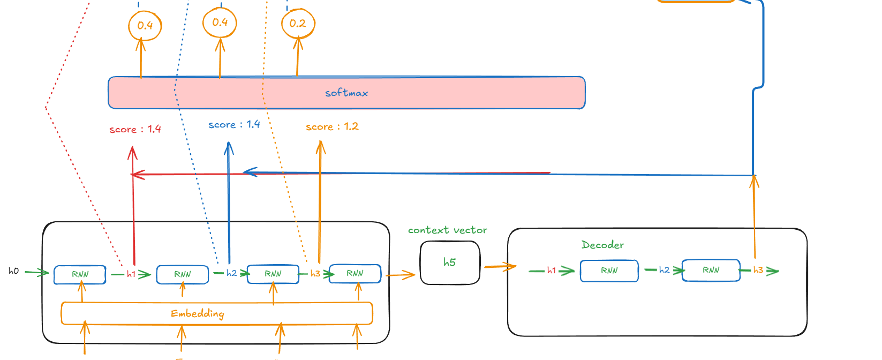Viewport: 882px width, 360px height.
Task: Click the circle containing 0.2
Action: [x=298, y=24]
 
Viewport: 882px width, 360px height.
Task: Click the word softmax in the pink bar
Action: [x=346, y=93]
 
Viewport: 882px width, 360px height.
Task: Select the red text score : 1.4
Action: [x=135, y=129]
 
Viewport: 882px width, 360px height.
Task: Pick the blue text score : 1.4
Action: [x=234, y=125]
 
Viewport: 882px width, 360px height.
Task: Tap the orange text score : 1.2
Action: [x=332, y=127]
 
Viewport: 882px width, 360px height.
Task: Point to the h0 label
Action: [x=13, y=271]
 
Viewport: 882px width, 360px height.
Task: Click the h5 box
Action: [x=450, y=262]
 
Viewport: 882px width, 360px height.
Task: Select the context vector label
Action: [x=448, y=230]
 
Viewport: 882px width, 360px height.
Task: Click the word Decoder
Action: [x=602, y=245]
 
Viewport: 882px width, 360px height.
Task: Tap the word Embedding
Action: [x=198, y=313]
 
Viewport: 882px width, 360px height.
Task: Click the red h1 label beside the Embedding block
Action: [x=131, y=274]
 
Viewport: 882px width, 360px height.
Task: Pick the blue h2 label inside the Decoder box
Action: [x=664, y=270]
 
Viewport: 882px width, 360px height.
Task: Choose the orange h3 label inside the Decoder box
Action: [x=758, y=270]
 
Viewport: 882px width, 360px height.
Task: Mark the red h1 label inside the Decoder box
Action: [x=552, y=271]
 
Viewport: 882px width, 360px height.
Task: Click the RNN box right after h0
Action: [x=80, y=274]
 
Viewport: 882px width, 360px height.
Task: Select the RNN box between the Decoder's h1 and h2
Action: [x=609, y=271]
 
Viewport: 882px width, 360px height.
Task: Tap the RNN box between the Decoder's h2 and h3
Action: [x=711, y=270]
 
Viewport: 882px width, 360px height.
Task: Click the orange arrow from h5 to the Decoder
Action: [x=500, y=266]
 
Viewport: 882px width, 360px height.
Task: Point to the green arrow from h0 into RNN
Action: [x=36, y=273]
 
